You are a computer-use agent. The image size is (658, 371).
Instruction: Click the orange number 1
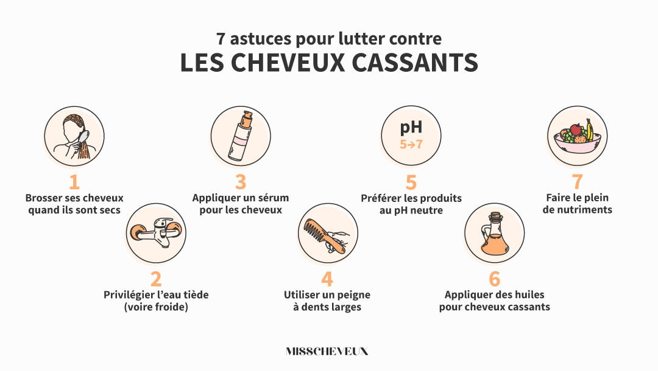[74, 182]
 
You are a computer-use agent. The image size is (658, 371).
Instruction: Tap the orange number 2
[156, 279]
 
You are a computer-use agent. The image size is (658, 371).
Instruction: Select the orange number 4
[327, 279]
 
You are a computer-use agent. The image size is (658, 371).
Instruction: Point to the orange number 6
[494, 279]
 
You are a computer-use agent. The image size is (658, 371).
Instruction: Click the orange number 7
[577, 182]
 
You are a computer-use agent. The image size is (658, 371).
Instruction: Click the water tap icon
[155, 233]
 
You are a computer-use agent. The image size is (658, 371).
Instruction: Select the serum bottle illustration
[240, 136]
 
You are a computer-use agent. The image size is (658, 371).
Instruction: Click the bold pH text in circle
[411, 128]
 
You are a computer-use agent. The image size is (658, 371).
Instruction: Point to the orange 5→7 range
[411, 145]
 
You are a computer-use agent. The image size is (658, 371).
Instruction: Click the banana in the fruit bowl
[589, 129]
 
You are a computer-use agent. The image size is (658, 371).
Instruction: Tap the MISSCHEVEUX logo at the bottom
[327, 352]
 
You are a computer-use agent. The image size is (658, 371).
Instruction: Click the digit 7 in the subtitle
[221, 39]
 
